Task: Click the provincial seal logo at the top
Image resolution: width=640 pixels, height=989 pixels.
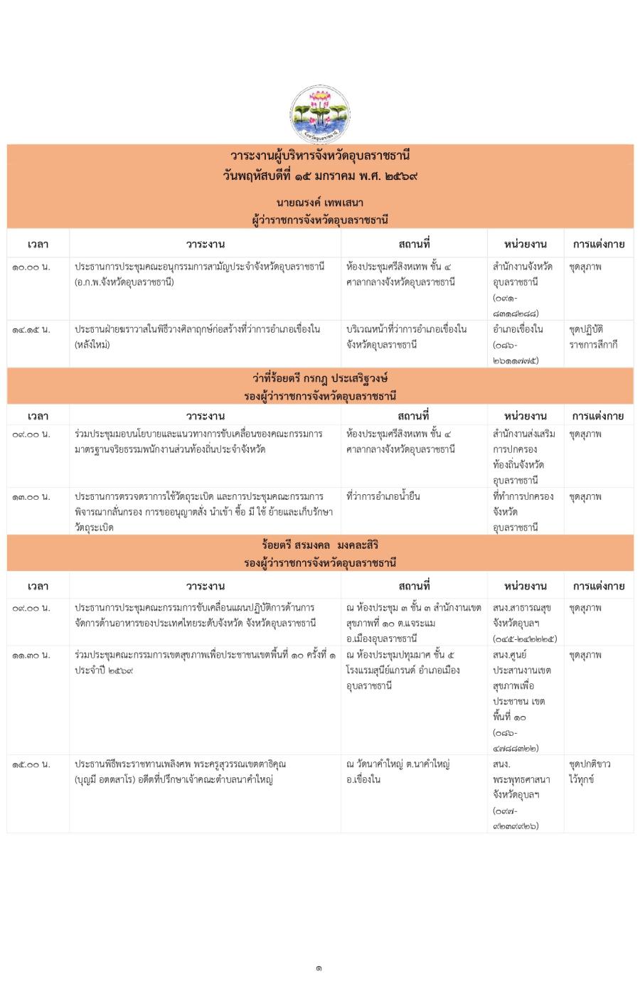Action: [320, 114]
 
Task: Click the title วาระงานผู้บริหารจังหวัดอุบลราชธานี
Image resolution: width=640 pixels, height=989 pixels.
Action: [320, 156]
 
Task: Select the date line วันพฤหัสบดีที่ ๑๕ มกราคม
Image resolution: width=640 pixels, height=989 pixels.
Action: [320, 174]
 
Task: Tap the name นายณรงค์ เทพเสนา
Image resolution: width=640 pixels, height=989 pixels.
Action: [320, 203]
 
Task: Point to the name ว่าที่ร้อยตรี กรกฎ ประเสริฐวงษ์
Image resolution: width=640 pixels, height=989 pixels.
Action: [320, 379]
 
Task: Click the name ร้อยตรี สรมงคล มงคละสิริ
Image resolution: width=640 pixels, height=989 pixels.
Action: [320, 545]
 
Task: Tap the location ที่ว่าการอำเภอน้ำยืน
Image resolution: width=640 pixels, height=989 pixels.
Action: [383, 496]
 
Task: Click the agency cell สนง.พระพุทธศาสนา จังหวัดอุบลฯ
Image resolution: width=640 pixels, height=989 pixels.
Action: [521, 794]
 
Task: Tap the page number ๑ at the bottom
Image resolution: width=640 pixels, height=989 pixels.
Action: [319, 968]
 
